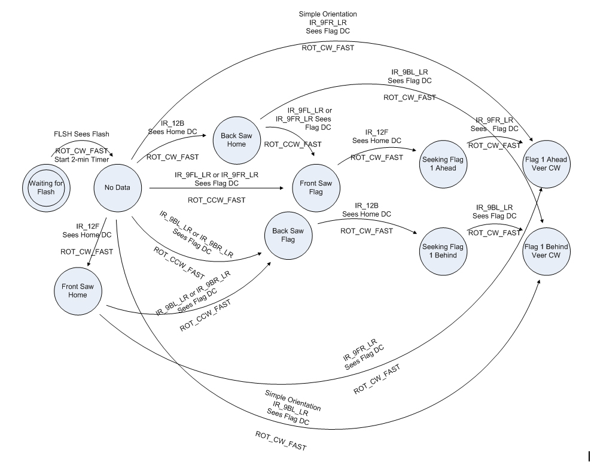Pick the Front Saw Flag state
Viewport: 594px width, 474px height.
[x=315, y=187]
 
